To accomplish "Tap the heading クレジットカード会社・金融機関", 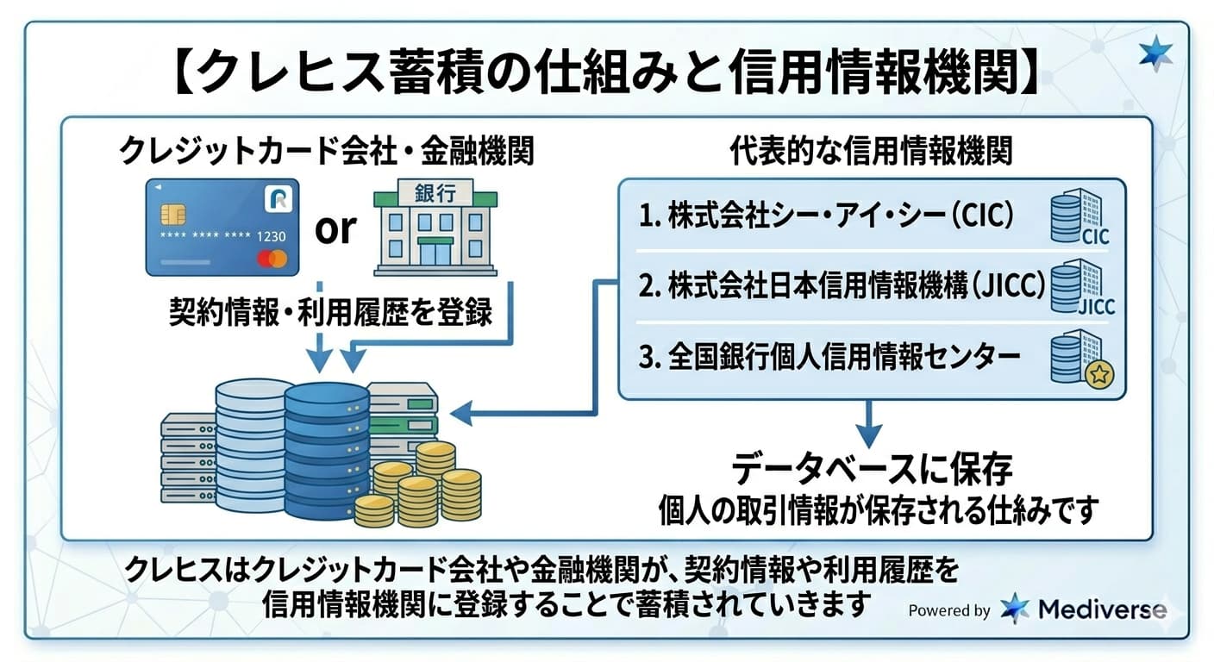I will (x=327, y=153).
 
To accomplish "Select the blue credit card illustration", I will (x=222, y=228).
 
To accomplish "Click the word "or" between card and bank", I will (x=335, y=228).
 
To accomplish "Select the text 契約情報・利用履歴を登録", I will (x=331, y=312).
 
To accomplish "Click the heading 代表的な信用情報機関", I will (x=871, y=153).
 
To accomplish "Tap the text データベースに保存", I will (x=871, y=471).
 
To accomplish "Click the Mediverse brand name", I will (x=1102, y=609).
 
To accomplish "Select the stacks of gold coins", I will (x=422, y=487).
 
